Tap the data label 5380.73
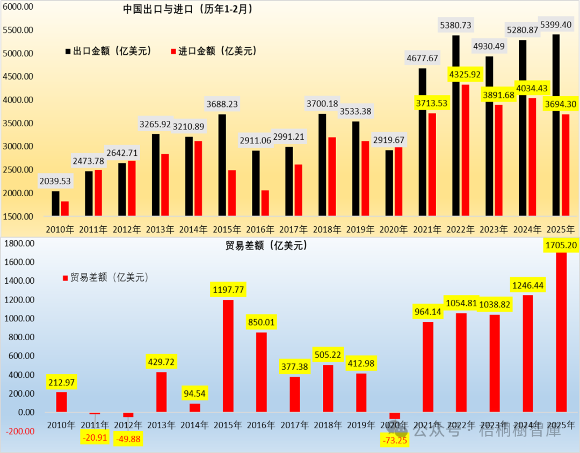coord(456,25)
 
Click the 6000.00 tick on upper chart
coord(18,7)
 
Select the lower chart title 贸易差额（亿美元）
coord(266,246)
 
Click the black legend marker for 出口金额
coord(68,52)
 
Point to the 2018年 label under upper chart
coord(328,229)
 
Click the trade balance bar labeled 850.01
coord(262,372)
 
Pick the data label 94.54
coord(195,393)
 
